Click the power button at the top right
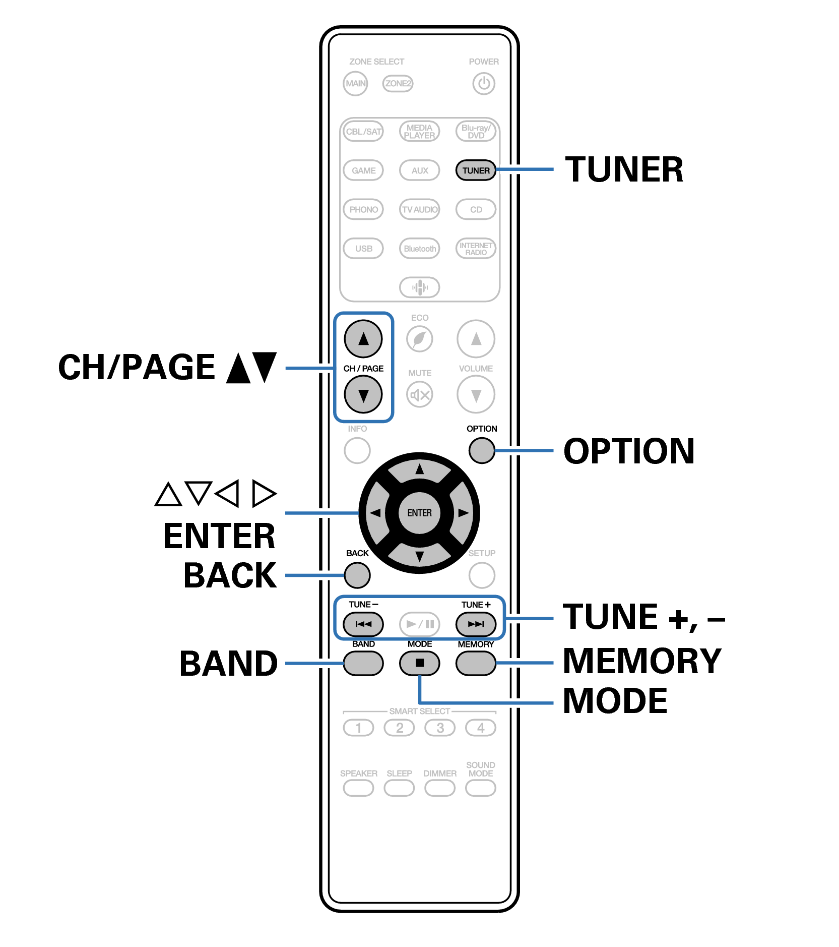(483, 83)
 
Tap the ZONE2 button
(398, 83)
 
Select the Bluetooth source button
(419, 249)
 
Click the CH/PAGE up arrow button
(363, 339)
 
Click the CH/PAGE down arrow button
(363, 394)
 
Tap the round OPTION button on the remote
(481, 450)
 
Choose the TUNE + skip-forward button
(475, 624)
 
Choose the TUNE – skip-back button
(363, 624)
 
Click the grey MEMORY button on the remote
(475, 663)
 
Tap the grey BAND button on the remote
(363, 663)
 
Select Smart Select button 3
(440, 728)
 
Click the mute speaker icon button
(420, 395)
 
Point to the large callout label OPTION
(629, 451)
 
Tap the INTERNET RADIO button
(475, 249)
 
